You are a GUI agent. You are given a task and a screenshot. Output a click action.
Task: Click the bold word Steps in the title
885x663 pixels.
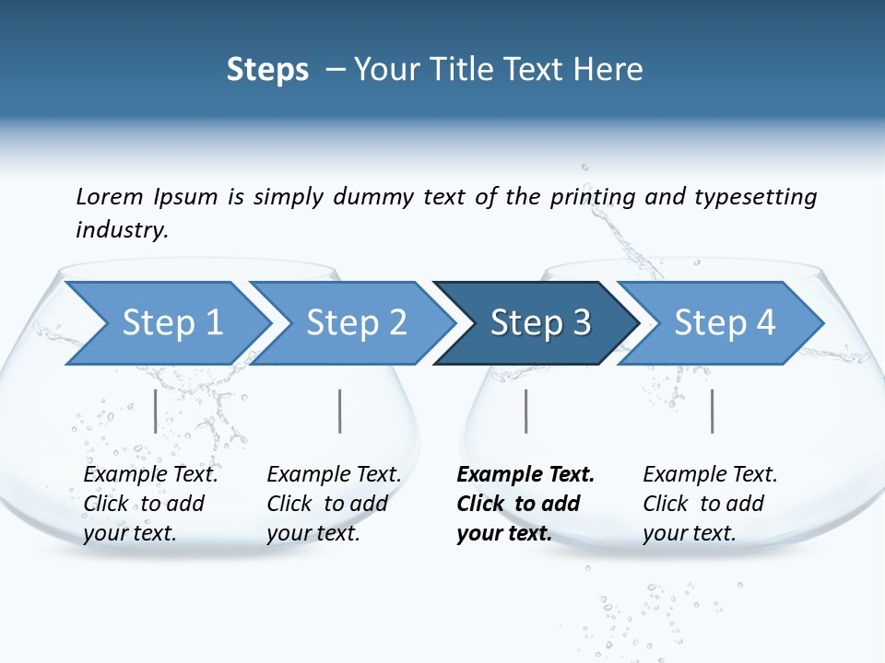click(x=267, y=70)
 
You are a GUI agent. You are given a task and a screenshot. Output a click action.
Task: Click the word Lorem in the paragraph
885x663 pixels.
click(x=110, y=197)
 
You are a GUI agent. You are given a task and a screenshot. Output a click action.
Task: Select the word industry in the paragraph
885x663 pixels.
click(x=122, y=230)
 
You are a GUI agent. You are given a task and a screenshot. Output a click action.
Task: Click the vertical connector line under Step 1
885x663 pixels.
click(x=156, y=411)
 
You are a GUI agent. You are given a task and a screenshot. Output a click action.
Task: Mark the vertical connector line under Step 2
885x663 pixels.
click(x=340, y=411)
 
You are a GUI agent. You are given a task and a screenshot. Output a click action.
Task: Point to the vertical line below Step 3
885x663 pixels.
click(x=525, y=411)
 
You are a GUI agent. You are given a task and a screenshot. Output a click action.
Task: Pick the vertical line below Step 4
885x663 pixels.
click(x=712, y=411)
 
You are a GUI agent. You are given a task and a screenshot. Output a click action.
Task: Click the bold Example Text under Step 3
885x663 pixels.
click(x=525, y=475)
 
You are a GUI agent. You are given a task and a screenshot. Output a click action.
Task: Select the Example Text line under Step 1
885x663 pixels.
click(x=150, y=475)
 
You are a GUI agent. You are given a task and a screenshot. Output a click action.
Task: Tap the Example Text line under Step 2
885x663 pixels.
click(x=334, y=475)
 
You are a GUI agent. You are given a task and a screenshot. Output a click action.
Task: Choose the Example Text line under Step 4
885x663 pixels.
click(x=710, y=475)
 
